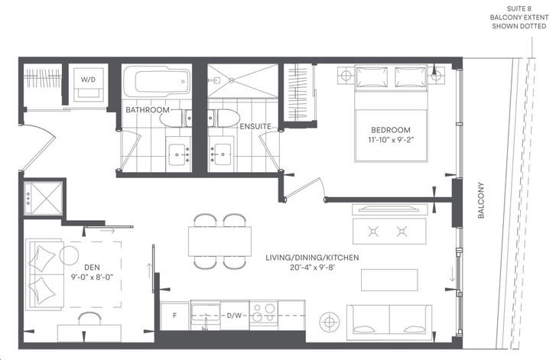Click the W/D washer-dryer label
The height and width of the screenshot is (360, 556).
(88, 79)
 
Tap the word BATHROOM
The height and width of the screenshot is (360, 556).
(148, 110)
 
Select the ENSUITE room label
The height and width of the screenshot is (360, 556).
(255, 126)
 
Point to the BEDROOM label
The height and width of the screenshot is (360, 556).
(391, 130)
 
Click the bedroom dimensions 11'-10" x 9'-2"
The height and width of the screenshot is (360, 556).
(391, 140)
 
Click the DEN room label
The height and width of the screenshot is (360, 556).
(92, 268)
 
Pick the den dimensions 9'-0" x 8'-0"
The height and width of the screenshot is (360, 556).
(92, 277)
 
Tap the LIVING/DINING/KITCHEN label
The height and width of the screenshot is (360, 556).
(312, 258)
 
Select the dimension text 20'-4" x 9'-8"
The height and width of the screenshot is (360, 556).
(312, 268)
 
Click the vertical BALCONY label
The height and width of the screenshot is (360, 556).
(481, 200)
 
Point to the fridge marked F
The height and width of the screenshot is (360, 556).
(175, 316)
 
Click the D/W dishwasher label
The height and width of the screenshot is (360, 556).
(234, 315)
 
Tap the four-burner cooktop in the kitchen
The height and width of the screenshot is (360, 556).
(263, 312)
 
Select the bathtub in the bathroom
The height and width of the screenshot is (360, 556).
(157, 82)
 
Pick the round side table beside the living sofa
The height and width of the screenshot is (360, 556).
(330, 322)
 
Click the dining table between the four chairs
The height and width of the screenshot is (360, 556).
(219, 242)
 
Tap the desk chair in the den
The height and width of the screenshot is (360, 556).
(89, 318)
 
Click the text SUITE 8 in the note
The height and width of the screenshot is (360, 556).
(519, 8)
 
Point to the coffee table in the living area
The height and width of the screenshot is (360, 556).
(389, 281)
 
